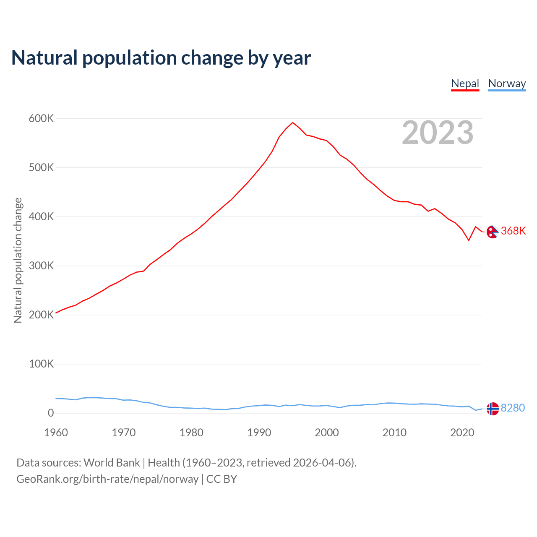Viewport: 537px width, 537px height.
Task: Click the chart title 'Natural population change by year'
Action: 161,58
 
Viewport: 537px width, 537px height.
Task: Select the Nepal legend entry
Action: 465,83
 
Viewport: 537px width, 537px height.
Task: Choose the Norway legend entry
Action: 507,83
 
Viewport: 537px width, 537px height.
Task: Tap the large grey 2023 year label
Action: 438,133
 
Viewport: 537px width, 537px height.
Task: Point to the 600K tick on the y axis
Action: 41,119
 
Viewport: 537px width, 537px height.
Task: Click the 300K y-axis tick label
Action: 41,266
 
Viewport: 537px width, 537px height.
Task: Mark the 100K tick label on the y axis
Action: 41,364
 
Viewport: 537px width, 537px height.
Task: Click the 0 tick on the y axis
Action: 51,413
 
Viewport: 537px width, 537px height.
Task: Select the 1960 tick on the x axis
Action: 56,433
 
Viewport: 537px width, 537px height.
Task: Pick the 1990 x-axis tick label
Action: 259,433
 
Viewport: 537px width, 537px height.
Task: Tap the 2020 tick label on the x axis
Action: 462,433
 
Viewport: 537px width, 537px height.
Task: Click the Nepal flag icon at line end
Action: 493,232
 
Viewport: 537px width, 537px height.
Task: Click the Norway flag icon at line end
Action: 493,409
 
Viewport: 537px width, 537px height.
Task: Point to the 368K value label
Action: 513,231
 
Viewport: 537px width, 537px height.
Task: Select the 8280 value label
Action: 513,408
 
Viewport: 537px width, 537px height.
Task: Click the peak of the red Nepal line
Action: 292,123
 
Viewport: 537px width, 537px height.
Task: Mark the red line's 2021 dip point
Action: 469,240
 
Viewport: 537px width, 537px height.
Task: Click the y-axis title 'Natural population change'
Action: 18,260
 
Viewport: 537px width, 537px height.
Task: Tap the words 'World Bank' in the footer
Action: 112,463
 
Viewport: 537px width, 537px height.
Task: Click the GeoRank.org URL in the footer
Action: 107,479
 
